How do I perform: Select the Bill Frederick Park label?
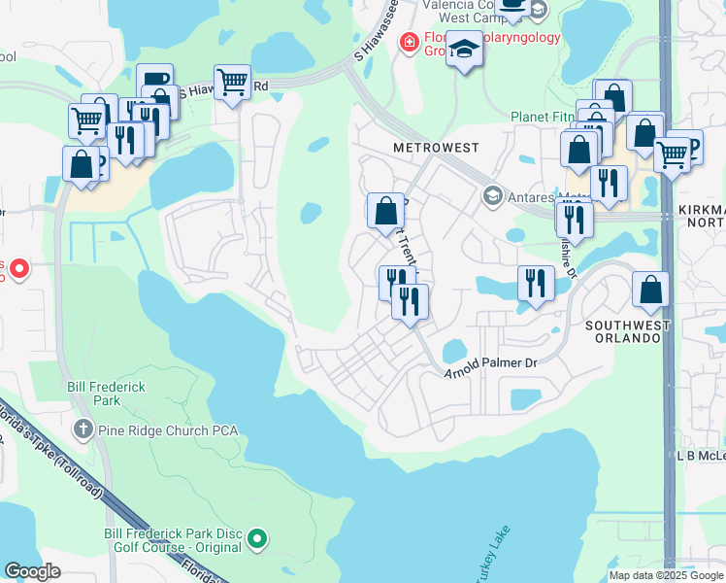click(106, 394)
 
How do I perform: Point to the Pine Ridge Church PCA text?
click(168, 429)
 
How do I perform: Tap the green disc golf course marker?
click(257, 537)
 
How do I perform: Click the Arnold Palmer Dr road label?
click(490, 367)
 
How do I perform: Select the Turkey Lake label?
click(491, 556)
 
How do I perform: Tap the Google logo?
click(33, 571)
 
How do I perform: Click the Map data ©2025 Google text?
click(666, 575)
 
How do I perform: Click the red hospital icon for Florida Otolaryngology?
click(410, 43)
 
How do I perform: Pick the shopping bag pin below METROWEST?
click(386, 210)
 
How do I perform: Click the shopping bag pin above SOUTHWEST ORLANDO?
click(650, 289)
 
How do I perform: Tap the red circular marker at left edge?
click(16, 268)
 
